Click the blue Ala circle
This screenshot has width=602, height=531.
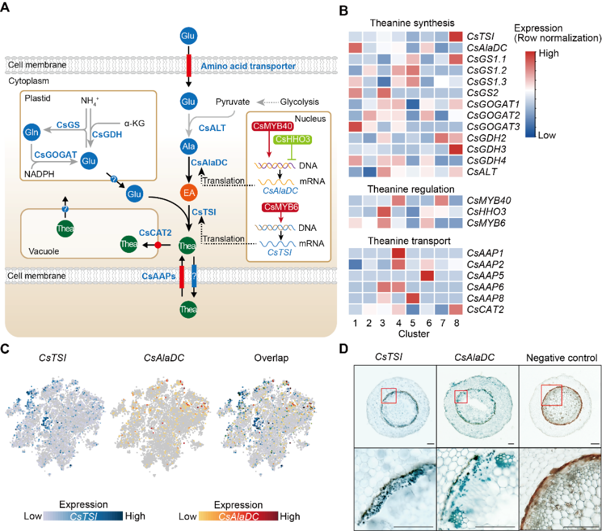point(188,146)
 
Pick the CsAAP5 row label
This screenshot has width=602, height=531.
point(483,276)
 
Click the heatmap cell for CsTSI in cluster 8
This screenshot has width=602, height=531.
point(456,37)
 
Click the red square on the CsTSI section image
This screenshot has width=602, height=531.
point(389,396)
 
